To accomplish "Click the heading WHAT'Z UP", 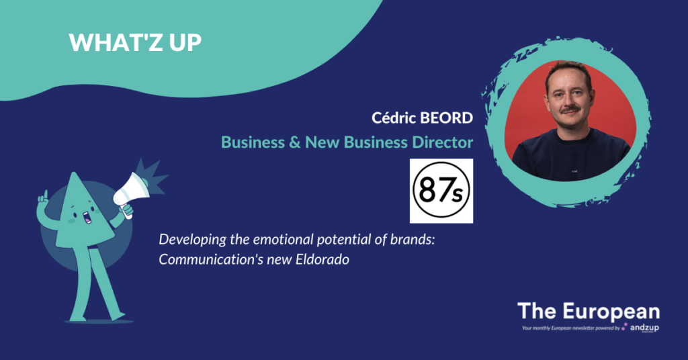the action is pos(135,42).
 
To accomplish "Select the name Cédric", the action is pos(394,118).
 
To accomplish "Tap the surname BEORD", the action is pos(447,118).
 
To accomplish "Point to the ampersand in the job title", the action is pos(295,142).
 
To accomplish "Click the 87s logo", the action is pos(441,191).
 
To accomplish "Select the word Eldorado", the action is pos(322,259).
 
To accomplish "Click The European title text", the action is pos(589,312).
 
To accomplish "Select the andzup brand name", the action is pos(644,328).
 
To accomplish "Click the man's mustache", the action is pos(570,109).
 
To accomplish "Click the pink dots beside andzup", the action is pos(624,326).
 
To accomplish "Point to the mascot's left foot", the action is pos(118,316).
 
